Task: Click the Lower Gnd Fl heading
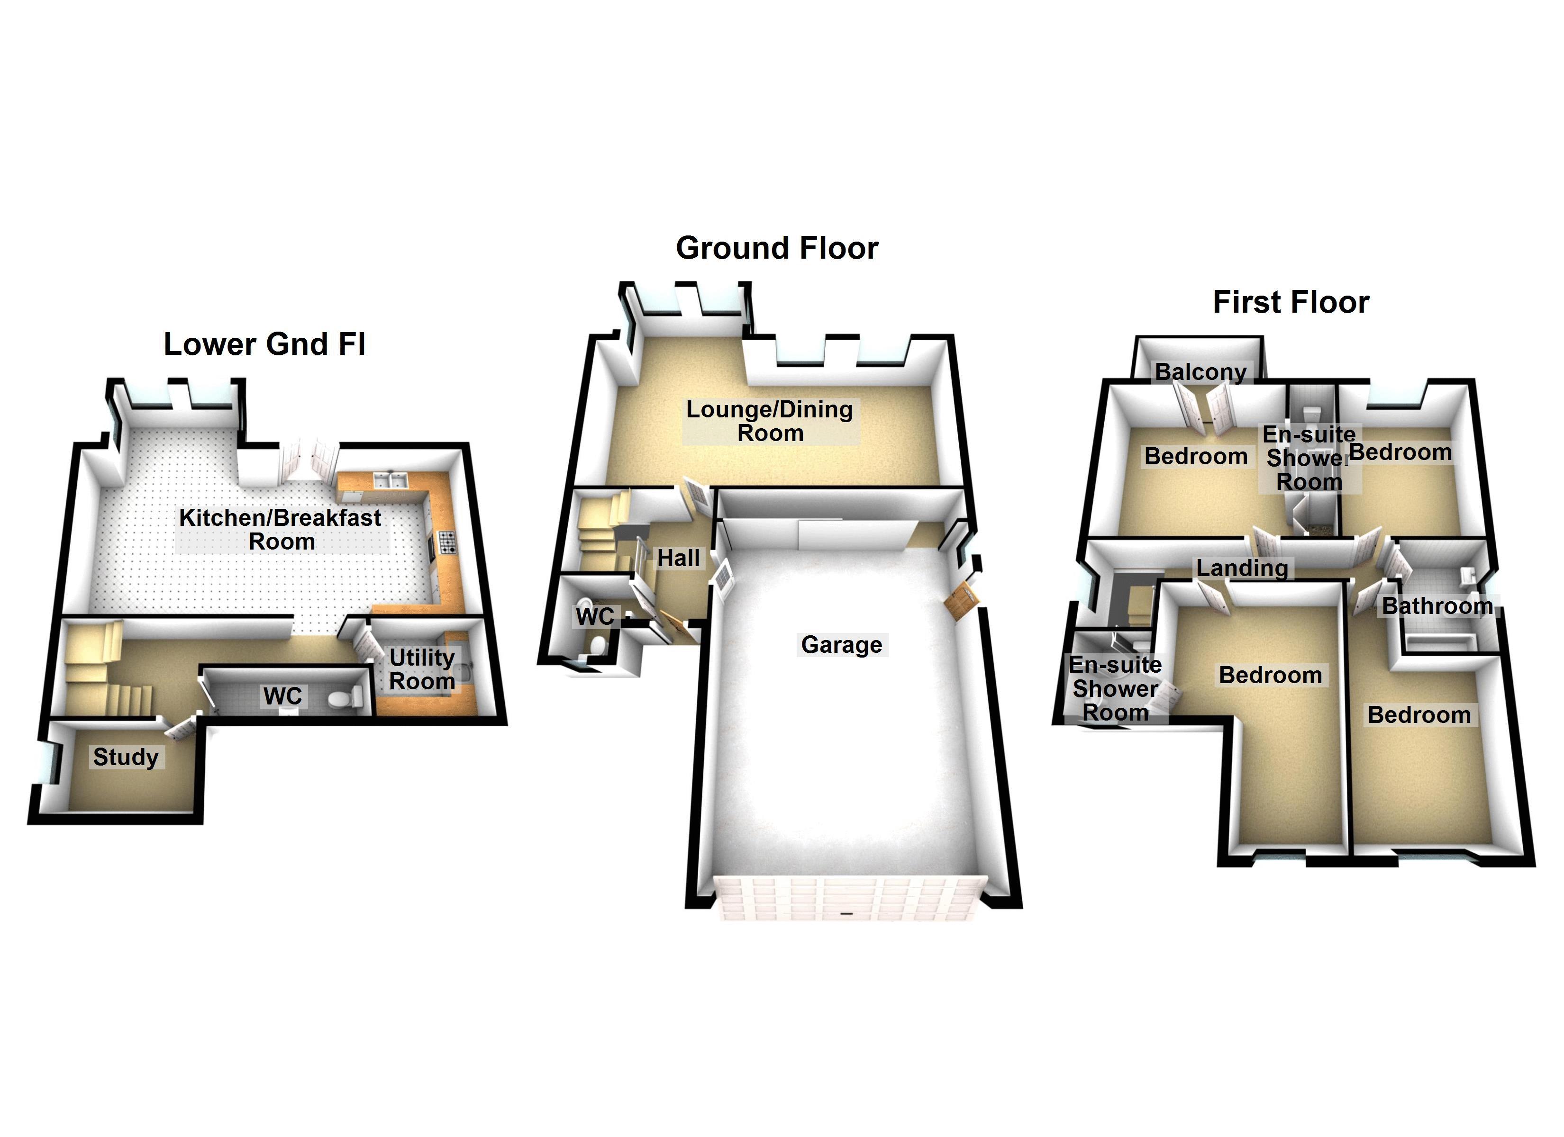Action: pyautogui.click(x=264, y=344)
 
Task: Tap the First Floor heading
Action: pyautogui.click(x=1290, y=302)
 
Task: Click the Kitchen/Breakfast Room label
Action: pyautogui.click(x=280, y=530)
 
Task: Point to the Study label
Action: pyautogui.click(x=126, y=757)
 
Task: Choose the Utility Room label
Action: pyautogui.click(x=422, y=669)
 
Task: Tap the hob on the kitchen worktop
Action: pyautogui.click(x=447, y=542)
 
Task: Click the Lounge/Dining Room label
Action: pyautogui.click(x=770, y=421)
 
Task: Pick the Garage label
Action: pyautogui.click(x=841, y=645)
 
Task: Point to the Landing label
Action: pyautogui.click(x=1242, y=568)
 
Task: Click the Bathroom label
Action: pyautogui.click(x=1437, y=606)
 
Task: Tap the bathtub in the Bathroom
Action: pyautogui.click(x=1440, y=643)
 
